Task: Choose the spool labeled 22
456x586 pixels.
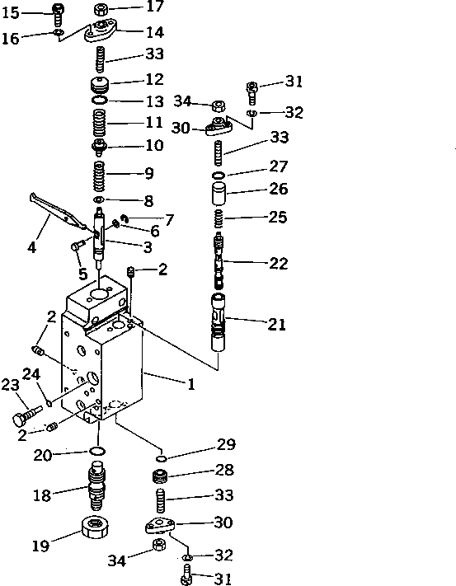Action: pyautogui.click(x=219, y=260)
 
